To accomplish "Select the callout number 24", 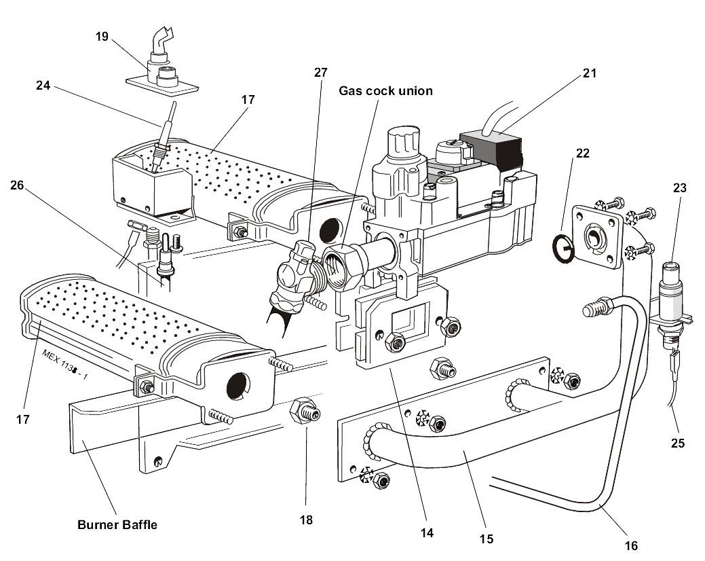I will click(44, 86).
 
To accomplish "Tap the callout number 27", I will click(320, 72).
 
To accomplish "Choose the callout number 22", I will click(582, 153).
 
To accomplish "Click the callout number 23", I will click(681, 188).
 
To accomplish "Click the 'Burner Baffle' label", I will click(117, 524).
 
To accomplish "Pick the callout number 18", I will click(306, 520).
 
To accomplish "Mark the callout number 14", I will click(427, 532).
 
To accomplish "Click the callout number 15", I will click(485, 539).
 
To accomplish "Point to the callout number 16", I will click(630, 545).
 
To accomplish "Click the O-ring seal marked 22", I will click(563, 247).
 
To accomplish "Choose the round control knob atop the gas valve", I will click(400, 145).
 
